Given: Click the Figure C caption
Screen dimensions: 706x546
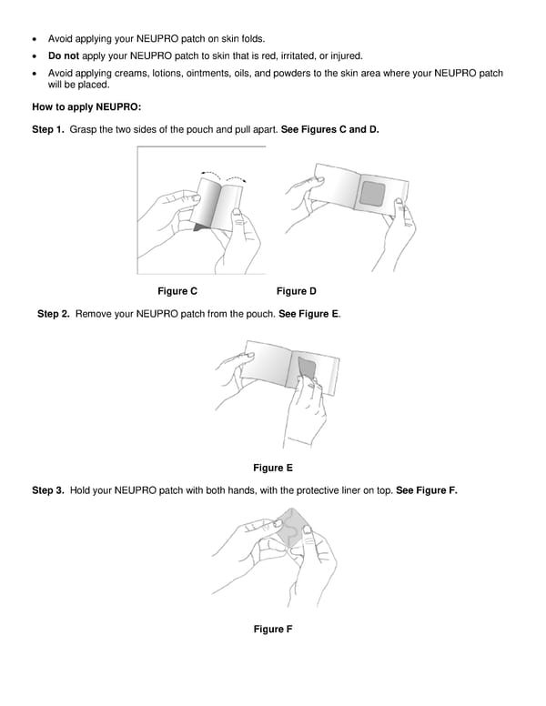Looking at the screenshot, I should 177,291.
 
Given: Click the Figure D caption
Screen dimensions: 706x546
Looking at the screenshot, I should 296,291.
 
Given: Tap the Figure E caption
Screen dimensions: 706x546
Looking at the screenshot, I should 272,468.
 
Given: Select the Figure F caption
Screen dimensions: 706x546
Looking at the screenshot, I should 272,630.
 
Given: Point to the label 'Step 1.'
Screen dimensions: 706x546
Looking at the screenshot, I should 48,130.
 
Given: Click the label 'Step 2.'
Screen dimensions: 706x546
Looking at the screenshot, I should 54,314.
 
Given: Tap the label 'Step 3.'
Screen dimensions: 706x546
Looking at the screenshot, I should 48,490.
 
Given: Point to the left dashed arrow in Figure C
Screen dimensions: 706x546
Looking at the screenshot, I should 212,174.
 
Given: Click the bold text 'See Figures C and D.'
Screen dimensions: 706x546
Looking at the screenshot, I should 330,130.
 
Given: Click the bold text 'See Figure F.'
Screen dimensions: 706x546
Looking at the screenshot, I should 427,490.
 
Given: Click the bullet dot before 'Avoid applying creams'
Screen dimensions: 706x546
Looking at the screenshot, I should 35,73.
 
